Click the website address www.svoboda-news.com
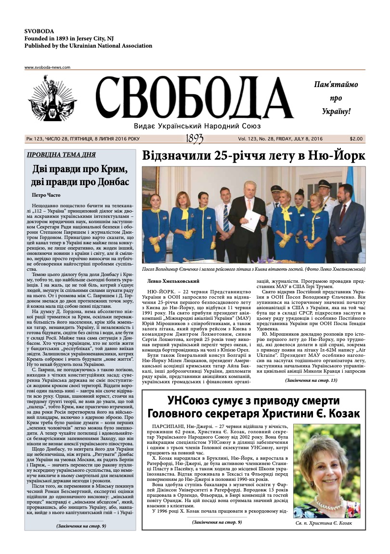[x=47, y=68]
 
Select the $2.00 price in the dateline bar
[x=356, y=139]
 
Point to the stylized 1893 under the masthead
[x=194, y=139]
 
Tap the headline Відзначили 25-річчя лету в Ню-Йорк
[x=254, y=156]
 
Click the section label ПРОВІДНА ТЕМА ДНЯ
[x=61, y=155]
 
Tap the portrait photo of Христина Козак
[x=326, y=464]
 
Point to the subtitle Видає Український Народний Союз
[x=197, y=126]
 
